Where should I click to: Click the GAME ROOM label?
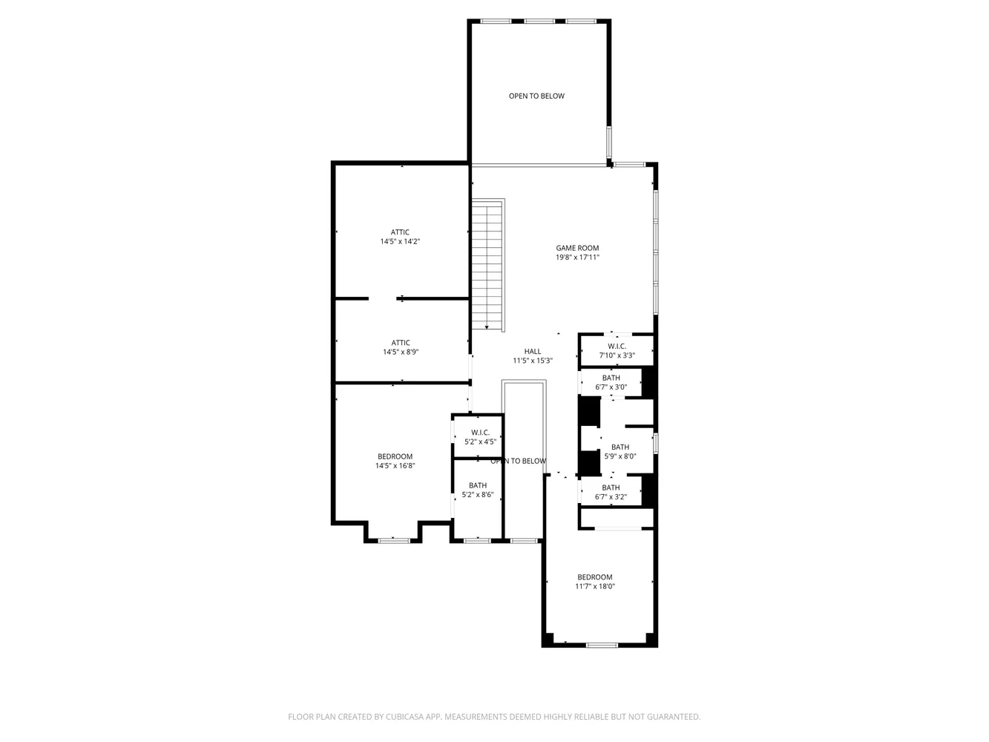tap(577, 248)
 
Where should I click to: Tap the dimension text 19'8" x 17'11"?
tap(577, 257)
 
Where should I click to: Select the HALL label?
tap(533, 351)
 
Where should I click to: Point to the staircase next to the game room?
tap(487, 265)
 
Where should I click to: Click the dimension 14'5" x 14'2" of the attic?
tap(400, 241)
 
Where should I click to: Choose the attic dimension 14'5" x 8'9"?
tap(401, 352)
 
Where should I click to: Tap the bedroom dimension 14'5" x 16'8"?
tap(395, 465)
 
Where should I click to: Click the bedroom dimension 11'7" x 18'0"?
tap(595, 586)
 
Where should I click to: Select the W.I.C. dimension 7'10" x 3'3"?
tap(617, 355)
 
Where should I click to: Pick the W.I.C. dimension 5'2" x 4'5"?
tap(480, 441)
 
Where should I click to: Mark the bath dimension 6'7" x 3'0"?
tap(611, 387)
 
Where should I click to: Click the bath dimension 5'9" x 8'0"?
tap(620, 456)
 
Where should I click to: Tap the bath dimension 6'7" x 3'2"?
tap(611, 496)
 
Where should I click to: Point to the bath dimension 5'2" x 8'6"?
tap(478, 494)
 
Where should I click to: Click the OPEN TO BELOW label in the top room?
tap(536, 96)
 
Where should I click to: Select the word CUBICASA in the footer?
tap(402, 716)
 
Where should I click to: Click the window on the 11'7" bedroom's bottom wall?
tap(602, 645)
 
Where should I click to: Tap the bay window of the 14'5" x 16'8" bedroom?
tap(393, 540)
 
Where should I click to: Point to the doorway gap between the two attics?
tap(382, 298)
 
